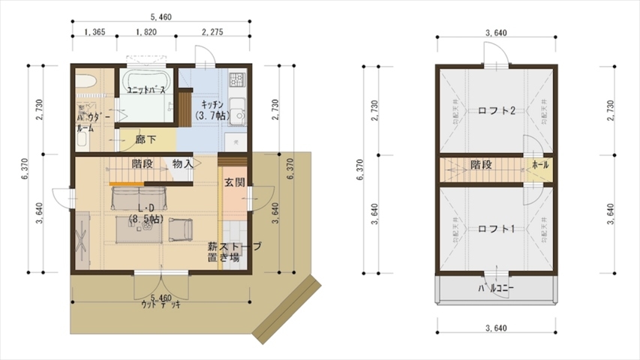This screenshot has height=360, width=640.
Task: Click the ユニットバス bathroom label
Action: pyautogui.click(x=146, y=90)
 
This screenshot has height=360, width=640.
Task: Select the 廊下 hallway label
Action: pyautogui.click(x=146, y=139)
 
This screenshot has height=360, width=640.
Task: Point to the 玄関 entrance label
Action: pyautogui.click(x=233, y=182)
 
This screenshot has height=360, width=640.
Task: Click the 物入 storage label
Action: pyautogui.click(x=182, y=163)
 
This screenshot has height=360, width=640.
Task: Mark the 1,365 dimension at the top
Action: pyautogui.click(x=95, y=31)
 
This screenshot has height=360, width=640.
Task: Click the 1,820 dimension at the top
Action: pyautogui.click(x=146, y=31)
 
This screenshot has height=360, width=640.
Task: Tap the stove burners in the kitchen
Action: pyautogui.click(x=238, y=78)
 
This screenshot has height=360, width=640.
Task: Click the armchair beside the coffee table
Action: pyautogui.click(x=180, y=228)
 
